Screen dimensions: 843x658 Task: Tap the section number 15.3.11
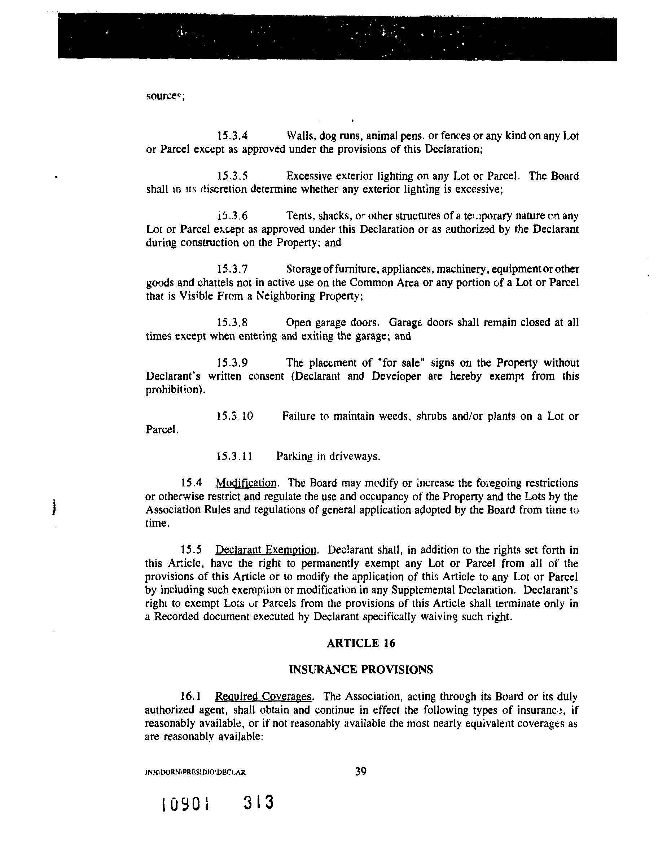[234, 457]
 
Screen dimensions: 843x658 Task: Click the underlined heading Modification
[246, 483]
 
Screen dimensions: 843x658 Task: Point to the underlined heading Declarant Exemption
[267, 550]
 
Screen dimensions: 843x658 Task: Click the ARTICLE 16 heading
[361, 643]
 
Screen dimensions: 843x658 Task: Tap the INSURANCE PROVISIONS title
[361, 670]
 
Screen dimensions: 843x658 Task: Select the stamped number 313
[259, 803]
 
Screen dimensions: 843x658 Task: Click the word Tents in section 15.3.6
[299, 215]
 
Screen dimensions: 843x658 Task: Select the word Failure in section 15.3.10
[298, 416]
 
